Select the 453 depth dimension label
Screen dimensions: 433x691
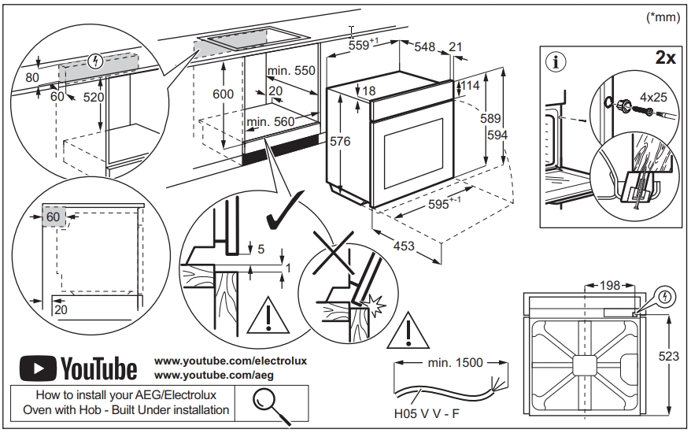[404, 246]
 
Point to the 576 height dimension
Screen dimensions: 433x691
[339, 142]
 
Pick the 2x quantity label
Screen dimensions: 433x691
[665, 57]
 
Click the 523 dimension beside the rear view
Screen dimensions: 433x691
[668, 357]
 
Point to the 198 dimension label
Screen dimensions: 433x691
[609, 285]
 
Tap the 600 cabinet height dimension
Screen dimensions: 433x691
[224, 94]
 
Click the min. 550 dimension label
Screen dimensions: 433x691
[291, 71]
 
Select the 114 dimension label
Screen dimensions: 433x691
[470, 85]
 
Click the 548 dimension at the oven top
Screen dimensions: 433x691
[425, 47]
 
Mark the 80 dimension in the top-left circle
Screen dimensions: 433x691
[31, 78]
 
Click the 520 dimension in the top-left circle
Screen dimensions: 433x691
[92, 97]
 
